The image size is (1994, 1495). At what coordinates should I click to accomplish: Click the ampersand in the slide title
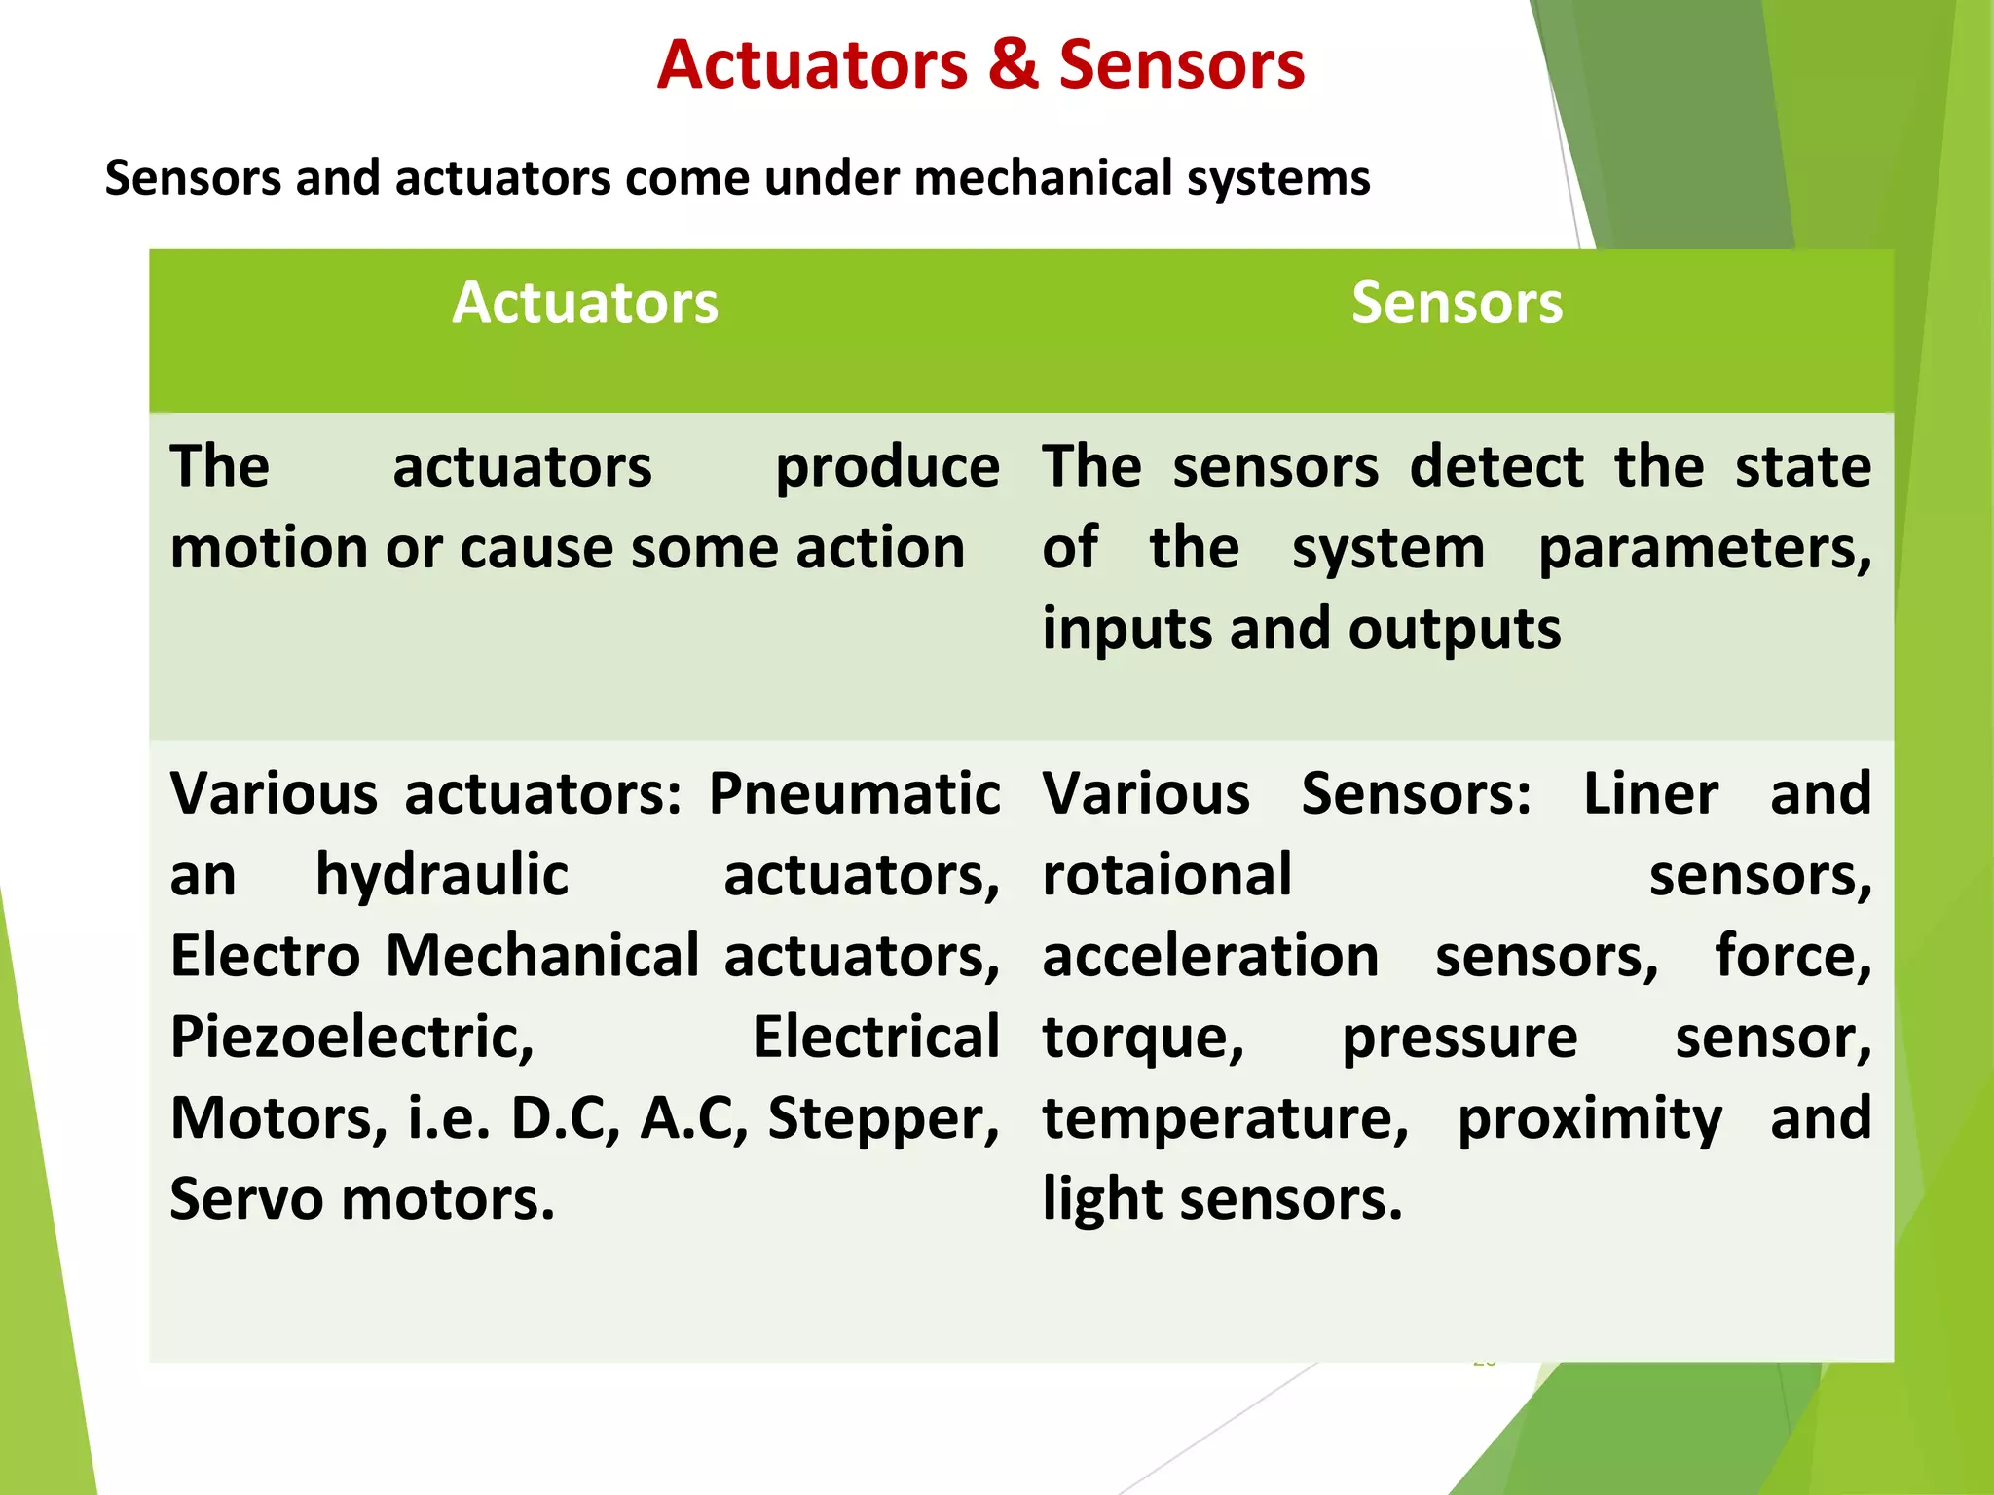click(1014, 65)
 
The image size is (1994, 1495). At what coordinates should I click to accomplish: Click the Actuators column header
click(585, 303)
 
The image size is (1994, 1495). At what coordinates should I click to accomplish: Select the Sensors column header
click(1457, 303)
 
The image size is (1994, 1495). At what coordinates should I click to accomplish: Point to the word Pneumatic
click(854, 793)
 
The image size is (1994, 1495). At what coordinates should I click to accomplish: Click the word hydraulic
click(442, 875)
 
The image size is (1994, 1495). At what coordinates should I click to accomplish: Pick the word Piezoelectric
click(352, 1038)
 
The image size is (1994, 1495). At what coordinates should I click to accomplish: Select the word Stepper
click(883, 1118)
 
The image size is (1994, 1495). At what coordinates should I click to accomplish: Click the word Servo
click(246, 1199)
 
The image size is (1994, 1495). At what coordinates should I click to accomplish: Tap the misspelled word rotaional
click(1166, 875)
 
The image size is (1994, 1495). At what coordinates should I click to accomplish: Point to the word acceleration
click(1210, 956)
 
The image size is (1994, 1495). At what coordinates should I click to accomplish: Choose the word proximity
click(1589, 1119)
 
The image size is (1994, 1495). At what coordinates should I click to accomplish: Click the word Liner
click(1650, 793)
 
